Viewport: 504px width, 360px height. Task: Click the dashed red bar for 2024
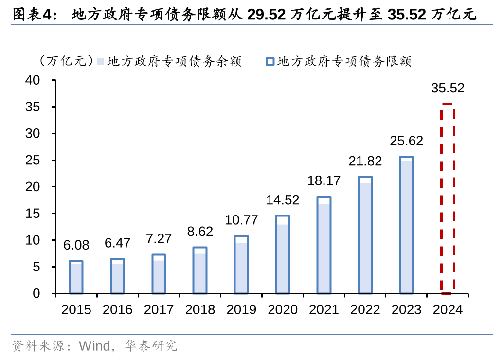pos(448,198)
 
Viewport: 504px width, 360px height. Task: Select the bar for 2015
pos(76,277)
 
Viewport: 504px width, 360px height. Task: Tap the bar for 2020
pos(282,254)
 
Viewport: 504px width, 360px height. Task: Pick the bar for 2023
pos(406,225)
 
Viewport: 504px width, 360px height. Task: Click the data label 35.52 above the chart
pos(448,88)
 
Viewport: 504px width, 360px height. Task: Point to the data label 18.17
pos(324,180)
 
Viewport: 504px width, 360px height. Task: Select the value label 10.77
pos(241,220)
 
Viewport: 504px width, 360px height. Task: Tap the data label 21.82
pos(365,161)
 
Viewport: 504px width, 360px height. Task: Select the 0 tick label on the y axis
pos(42,293)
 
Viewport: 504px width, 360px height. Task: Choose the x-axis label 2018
pos(200,310)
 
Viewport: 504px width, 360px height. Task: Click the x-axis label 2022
pos(365,310)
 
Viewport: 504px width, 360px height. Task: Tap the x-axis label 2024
pos(448,310)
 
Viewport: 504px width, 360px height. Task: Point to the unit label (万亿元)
pos(64,61)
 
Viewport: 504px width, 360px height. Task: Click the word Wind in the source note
pos(94,346)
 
